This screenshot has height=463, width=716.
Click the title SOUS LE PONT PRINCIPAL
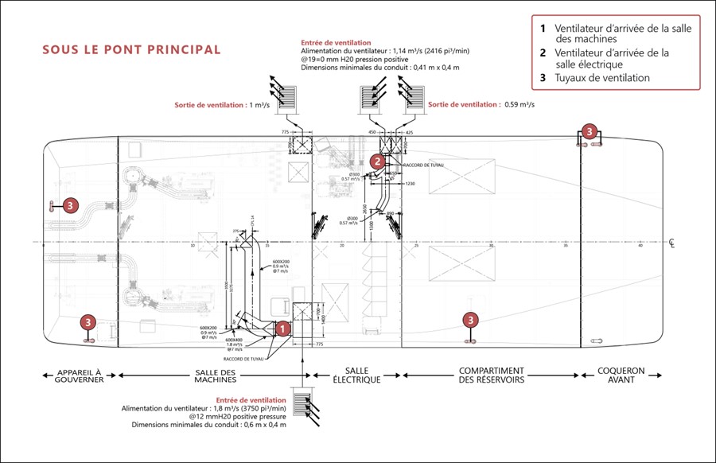pyautogui.click(x=131, y=50)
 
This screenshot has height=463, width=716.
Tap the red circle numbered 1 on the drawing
pyautogui.click(x=281, y=327)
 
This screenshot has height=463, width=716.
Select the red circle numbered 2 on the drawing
pyautogui.click(x=379, y=161)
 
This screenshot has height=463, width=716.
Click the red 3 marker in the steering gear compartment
pyautogui.click(x=71, y=205)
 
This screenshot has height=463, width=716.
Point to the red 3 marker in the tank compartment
pyautogui.click(x=472, y=320)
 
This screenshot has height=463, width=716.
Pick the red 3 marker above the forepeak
pyautogui.click(x=589, y=131)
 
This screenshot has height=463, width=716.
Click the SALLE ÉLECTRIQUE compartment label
pyautogui.click(x=356, y=375)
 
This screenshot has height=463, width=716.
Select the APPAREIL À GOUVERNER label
pyautogui.click(x=80, y=375)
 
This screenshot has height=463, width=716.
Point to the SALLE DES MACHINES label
pyautogui.click(x=215, y=375)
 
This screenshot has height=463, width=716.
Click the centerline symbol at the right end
pyautogui.click(x=672, y=243)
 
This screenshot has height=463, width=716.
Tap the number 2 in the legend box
pyautogui.click(x=543, y=53)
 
